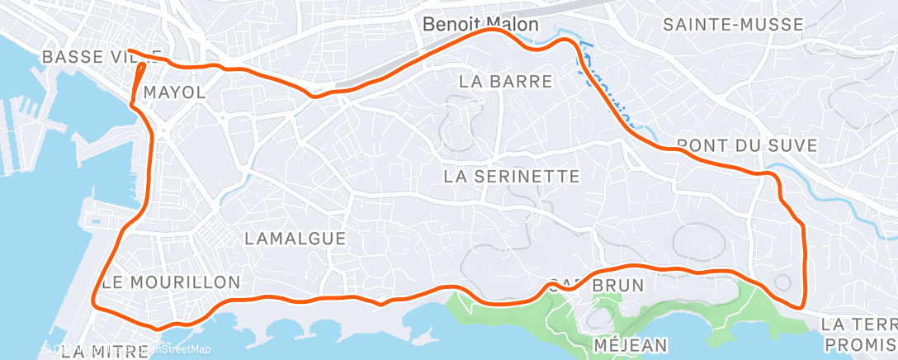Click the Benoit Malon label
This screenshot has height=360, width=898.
tap(480, 25)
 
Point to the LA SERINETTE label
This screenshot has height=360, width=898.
tap(512, 177)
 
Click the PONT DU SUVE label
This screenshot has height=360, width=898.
tap(746, 145)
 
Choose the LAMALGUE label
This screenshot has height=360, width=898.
tap(295, 239)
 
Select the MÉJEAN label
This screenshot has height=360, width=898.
tap(631, 343)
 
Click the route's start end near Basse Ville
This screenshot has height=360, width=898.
tap(130, 51)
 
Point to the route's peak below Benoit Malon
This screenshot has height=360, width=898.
tap(493, 30)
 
